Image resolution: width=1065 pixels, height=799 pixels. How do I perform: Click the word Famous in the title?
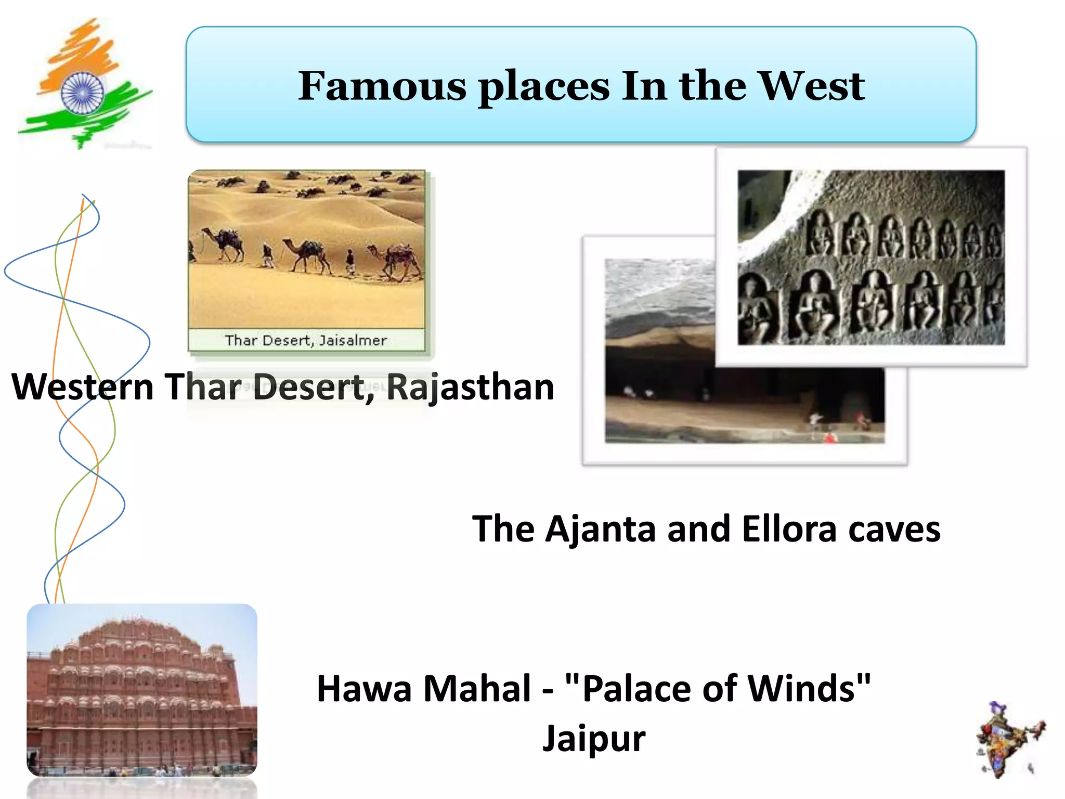click(x=382, y=86)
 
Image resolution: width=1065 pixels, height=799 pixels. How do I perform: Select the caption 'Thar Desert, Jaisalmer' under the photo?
click(x=306, y=340)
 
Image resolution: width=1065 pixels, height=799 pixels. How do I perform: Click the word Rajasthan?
click(x=470, y=387)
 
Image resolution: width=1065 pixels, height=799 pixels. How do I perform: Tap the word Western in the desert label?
click(x=83, y=387)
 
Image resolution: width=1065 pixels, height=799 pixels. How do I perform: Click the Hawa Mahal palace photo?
click(x=142, y=690)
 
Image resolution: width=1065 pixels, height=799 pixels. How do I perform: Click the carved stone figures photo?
click(x=871, y=257)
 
